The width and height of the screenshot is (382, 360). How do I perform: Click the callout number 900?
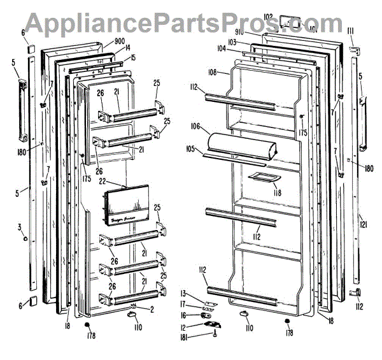(119, 41)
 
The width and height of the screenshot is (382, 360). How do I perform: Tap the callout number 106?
(196, 126)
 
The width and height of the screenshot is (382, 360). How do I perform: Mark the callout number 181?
(184, 338)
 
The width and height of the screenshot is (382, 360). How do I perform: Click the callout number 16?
(185, 315)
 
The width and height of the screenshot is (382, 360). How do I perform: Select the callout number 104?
(222, 48)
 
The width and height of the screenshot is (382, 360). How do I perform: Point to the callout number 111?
(350, 31)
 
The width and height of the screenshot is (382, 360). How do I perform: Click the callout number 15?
(132, 58)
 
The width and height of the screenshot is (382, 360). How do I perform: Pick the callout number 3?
(20, 227)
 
